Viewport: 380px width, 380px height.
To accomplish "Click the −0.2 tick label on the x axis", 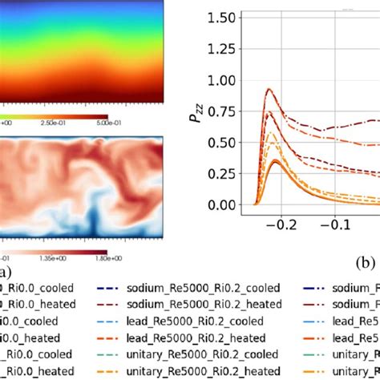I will point(283,227).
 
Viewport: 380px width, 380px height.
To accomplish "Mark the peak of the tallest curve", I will point(269,89).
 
